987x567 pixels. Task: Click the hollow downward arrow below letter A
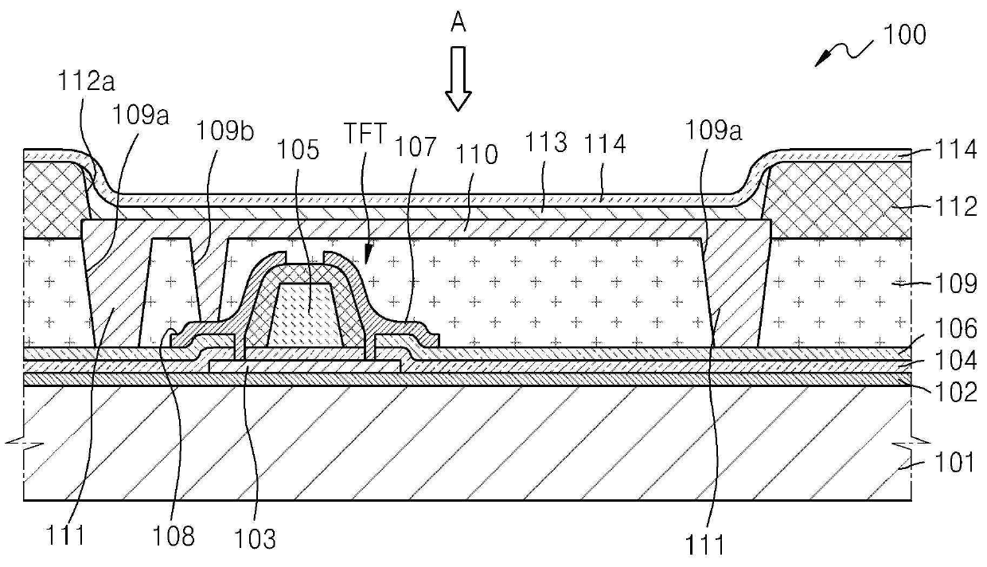pos(458,78)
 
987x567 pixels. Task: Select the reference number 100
pos(902,36)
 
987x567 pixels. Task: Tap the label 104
pos(957,361)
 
